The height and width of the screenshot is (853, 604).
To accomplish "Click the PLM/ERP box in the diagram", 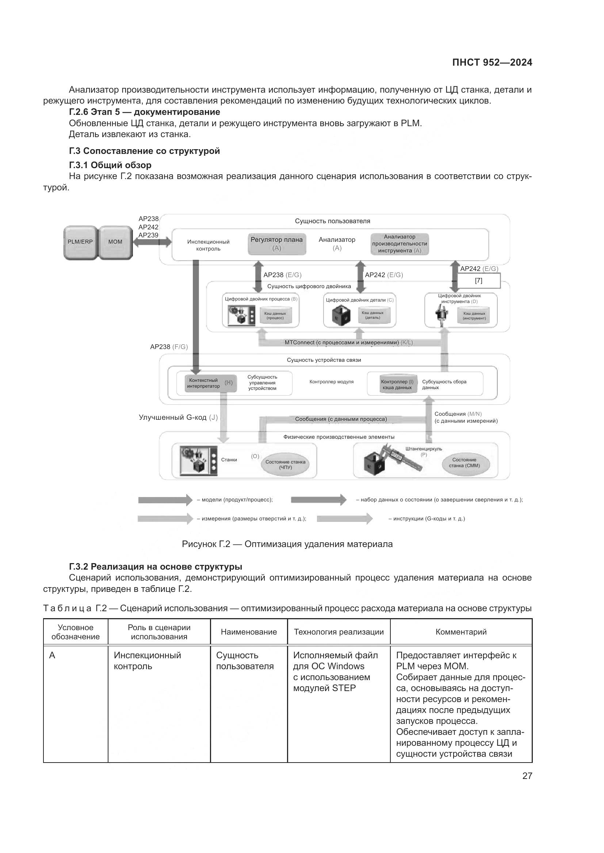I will tap(80, 243).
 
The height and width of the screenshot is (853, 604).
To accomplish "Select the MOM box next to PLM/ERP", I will tap(115, 243).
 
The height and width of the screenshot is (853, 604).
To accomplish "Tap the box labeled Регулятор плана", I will tap(277, 244).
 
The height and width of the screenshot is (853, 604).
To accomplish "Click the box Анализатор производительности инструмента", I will tap(400, 244).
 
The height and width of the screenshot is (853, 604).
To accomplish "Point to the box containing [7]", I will tap(478, 281).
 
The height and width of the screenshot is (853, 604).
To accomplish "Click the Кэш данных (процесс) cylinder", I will tap(275, 316).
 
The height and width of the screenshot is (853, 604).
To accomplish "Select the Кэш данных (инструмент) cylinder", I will tap(474, 316).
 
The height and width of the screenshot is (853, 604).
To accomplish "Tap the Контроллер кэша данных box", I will tap(397, 384).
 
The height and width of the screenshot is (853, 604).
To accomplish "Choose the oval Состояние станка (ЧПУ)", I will tap(285, 465).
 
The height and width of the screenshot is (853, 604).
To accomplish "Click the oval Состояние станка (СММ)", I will tap(464, 463).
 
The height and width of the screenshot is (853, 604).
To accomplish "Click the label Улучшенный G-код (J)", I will tap(178, 418).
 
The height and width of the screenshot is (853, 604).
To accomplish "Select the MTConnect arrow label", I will tap(348, 342).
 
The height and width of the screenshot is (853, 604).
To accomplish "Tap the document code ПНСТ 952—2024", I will tap(492, 62).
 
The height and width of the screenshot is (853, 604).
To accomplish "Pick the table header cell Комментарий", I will tap(461, 632).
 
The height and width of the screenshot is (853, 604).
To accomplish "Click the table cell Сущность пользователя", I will tap(245, 660).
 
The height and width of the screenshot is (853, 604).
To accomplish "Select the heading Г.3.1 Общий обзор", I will tap(110, 165).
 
